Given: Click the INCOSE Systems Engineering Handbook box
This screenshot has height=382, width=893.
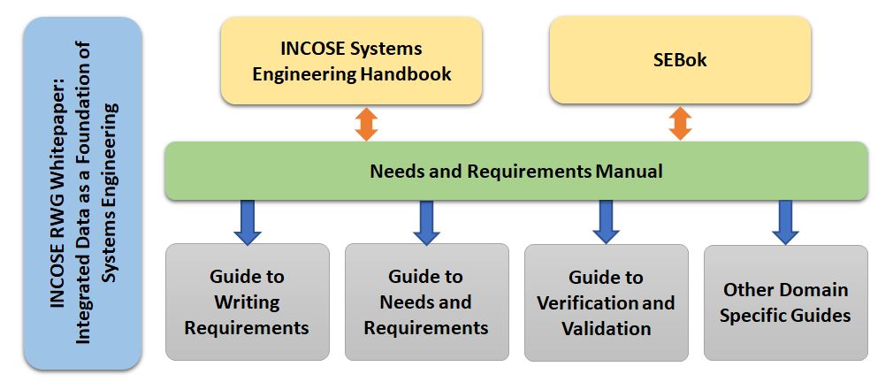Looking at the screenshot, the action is pos(351,60).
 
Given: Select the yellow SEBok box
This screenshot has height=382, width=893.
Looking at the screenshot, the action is pos(680,60).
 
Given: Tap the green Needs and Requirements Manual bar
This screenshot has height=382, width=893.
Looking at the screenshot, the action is pos(516,171).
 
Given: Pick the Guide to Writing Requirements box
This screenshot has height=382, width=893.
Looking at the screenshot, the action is pos(248,302).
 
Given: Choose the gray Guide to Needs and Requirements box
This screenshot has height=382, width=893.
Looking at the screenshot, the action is pos(426,302).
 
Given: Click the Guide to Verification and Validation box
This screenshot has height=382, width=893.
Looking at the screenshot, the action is pos(606,302).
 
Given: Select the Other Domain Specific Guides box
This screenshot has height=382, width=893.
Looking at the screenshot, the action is pos(786,302).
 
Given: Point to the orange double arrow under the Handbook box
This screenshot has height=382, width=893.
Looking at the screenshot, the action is pos(366,124).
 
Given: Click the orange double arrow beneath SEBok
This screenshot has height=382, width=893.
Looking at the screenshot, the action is pos(680,123).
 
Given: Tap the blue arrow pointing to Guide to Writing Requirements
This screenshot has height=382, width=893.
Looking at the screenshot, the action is pos(248,222).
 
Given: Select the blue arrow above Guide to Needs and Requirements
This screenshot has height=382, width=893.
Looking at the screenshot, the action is pos(426,222).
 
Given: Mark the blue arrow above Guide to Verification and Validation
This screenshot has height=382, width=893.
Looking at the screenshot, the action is pos(606,221).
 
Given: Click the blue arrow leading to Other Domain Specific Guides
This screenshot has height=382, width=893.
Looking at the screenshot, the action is pos(785,222).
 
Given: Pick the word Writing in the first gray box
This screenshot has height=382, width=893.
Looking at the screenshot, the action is pos(248,302).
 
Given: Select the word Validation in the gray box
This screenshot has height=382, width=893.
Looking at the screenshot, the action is pos(606,328).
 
